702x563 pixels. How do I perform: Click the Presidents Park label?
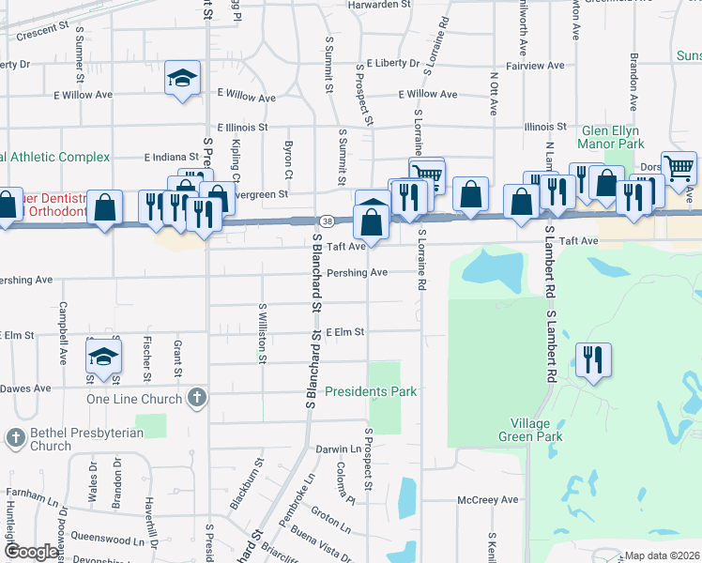click(x=371, y=391)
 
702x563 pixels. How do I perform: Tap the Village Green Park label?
click(x=530, y=430)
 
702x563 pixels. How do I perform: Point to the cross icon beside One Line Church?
click(x=196, y=398)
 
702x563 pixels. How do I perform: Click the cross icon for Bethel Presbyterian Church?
click(x=16, y=437)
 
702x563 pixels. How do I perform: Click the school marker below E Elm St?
click(x=104, y=357)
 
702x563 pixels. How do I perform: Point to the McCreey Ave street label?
click(x=488, y=500)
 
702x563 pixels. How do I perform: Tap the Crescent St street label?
click(x=41, y=30)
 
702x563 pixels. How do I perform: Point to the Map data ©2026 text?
click(x=662, y=555)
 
